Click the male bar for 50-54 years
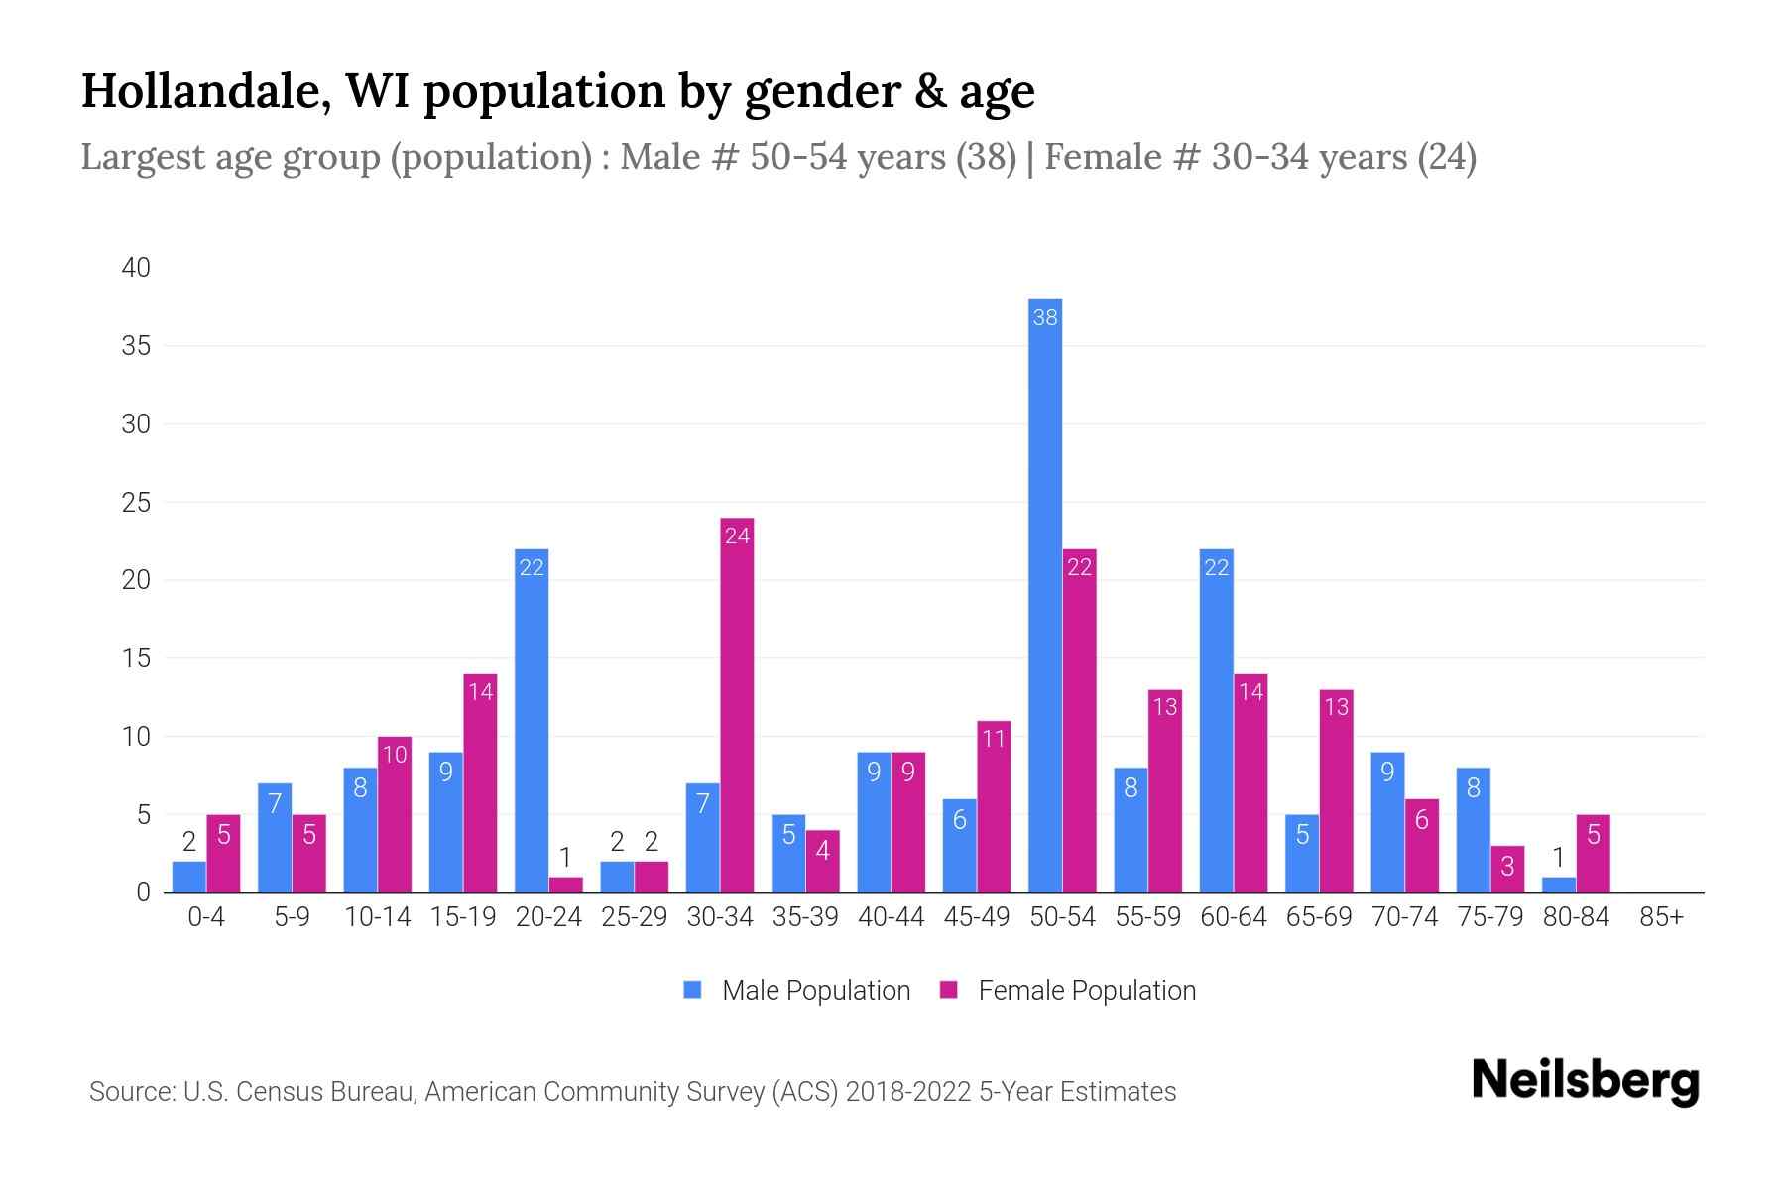[x=1045, y=595]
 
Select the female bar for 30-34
[x=737, y=704]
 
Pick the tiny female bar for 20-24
[x=566, y=885]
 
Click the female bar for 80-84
[x=1593, y=854]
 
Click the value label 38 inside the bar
[x=1045, y=317]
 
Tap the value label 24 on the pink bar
[x=737, y=536]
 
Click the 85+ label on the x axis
[x=1661, y=917]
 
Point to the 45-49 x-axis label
[x=977, y=917]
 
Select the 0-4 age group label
[x=206, y=917]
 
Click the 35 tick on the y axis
[x=137, y=346]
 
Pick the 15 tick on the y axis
[x=137, y=658]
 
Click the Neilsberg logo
[x=1585, y=1081]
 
